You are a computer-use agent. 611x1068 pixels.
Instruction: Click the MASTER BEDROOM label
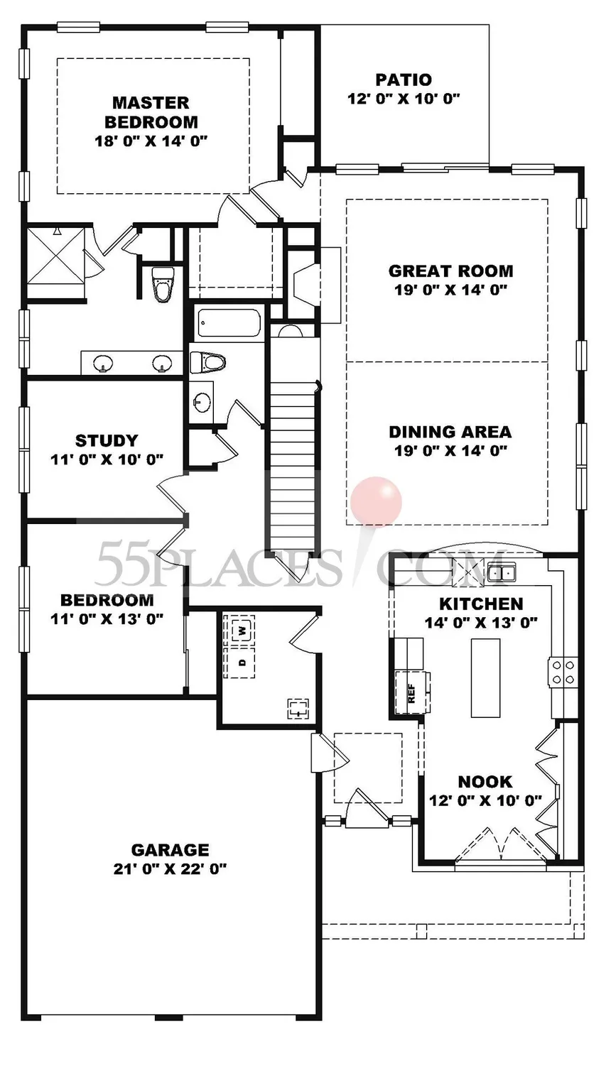[151, 112]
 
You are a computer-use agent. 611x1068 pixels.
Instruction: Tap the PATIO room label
[404, 80]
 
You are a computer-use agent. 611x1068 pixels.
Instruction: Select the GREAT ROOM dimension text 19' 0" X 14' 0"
[450, 290]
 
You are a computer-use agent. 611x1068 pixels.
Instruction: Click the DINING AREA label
[450, 432]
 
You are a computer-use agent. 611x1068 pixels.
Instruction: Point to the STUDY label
[107, 441]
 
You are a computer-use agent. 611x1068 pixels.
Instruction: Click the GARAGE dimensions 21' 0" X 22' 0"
[170, 868]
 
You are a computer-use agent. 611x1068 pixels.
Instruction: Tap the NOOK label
[485, 782]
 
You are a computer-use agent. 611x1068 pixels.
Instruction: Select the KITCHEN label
[481, 604]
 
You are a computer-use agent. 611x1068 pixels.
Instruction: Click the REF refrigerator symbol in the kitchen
[412, 692]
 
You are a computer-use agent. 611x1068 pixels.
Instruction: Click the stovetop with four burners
[562, 672]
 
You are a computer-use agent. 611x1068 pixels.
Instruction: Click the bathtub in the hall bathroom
[229, 324]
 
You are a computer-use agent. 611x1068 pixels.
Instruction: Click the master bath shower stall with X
[55, 256]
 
